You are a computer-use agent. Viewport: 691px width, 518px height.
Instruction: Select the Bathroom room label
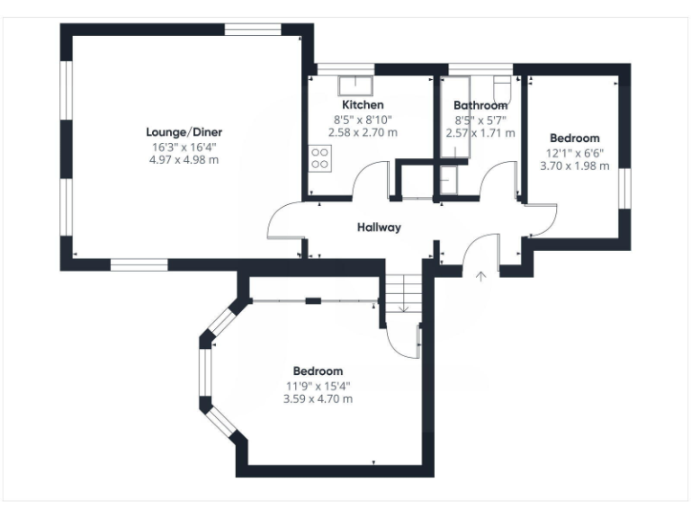pyautogui.click(x=480, y=105)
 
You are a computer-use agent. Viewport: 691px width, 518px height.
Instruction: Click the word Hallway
pyautogui.click(x=378, y=228)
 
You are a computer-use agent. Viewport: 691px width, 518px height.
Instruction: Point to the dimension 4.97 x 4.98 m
pyautogui.click(x=185, y=160)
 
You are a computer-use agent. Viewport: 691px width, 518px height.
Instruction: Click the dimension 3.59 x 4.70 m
pyautogui.click(x=318, y=398)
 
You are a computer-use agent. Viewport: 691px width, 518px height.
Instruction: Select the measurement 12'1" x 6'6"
pyautogui.click(x=574, y=153)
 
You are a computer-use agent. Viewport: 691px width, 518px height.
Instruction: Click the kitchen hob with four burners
pyautogui.click(x=319, y=159)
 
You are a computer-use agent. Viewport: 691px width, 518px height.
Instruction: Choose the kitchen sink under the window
pyautogui.click(x=356, y=85)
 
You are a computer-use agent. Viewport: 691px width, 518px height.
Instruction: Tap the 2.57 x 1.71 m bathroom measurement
pyautogui.click(x=480, y=133)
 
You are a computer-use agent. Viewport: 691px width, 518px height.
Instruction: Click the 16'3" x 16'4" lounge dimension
pyautogui.click(x=185, y=147)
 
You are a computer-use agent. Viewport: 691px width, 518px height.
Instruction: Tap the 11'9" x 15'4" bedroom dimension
pyautogui.click(x=318, y=386)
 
